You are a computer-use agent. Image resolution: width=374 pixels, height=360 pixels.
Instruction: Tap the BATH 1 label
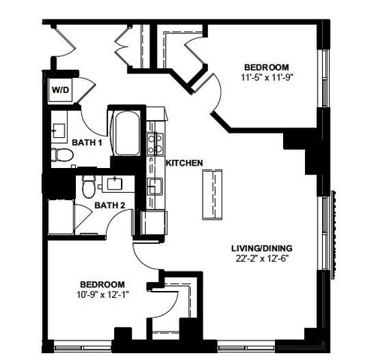pyautogui.click(x=86, y=142)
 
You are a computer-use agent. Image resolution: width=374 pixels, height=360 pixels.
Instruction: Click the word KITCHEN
pyautogui.click(x=182, y=162)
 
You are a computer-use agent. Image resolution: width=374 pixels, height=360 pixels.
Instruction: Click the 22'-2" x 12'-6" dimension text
pyautogui.click(x=262, y=259)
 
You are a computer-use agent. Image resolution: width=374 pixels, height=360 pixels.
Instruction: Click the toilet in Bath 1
pyautogui.click(x=62, y=155)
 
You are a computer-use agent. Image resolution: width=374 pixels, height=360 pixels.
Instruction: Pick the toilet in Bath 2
pyautogui.click(x=89, y=184)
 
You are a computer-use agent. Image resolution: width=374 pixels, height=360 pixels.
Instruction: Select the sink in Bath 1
pyautogui.click(x=58, y=130)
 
